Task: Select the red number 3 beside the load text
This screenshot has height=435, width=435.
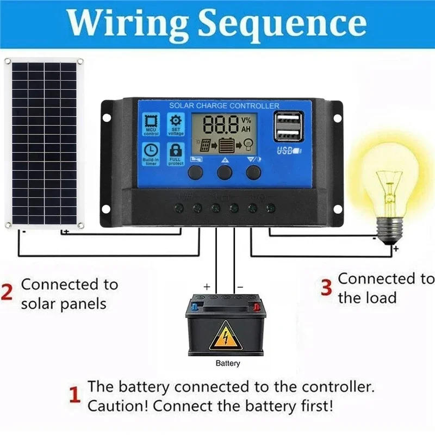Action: [x=326, y=288]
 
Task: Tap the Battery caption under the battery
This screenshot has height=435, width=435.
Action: [x=227, y=363]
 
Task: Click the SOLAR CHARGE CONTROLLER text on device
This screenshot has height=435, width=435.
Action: [x=224, y=105]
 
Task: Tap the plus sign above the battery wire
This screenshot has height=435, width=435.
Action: [x=207, y=285]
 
